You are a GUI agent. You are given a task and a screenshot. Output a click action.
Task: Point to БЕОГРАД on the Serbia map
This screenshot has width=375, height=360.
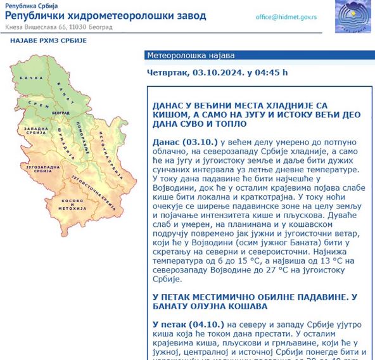61,112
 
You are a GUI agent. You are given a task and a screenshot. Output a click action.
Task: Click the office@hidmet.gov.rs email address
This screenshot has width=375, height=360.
286,17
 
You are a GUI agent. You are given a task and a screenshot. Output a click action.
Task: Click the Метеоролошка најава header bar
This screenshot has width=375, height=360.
182,55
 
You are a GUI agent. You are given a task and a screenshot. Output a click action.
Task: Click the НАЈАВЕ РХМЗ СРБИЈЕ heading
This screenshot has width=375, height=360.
48,41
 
